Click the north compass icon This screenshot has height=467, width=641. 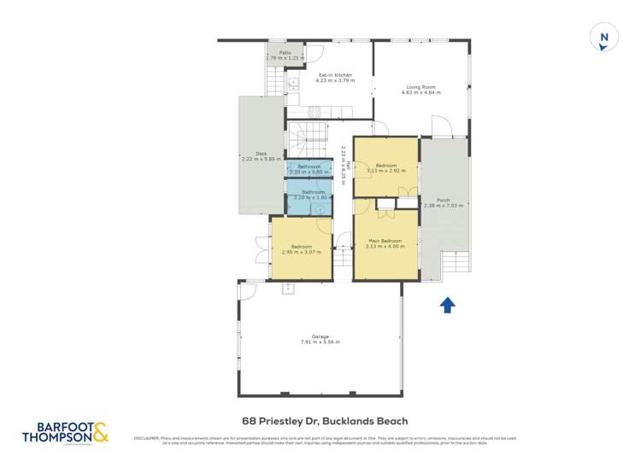click(604, 38)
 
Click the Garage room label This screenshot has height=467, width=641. click(320, 339)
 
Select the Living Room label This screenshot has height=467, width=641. click(421, 89)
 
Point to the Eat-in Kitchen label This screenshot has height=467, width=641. click(330, 79)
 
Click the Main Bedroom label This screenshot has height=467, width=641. click(385, 244)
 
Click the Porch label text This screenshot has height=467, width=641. click(444, 202)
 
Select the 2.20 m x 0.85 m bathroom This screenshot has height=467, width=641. click(309, 168)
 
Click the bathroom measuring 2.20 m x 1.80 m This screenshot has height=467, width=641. click(309, 196)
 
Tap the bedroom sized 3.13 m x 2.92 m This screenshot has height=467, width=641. click(385, 168)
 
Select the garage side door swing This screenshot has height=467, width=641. click(247, 291)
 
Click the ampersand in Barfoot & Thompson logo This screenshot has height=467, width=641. click(100, 434)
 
